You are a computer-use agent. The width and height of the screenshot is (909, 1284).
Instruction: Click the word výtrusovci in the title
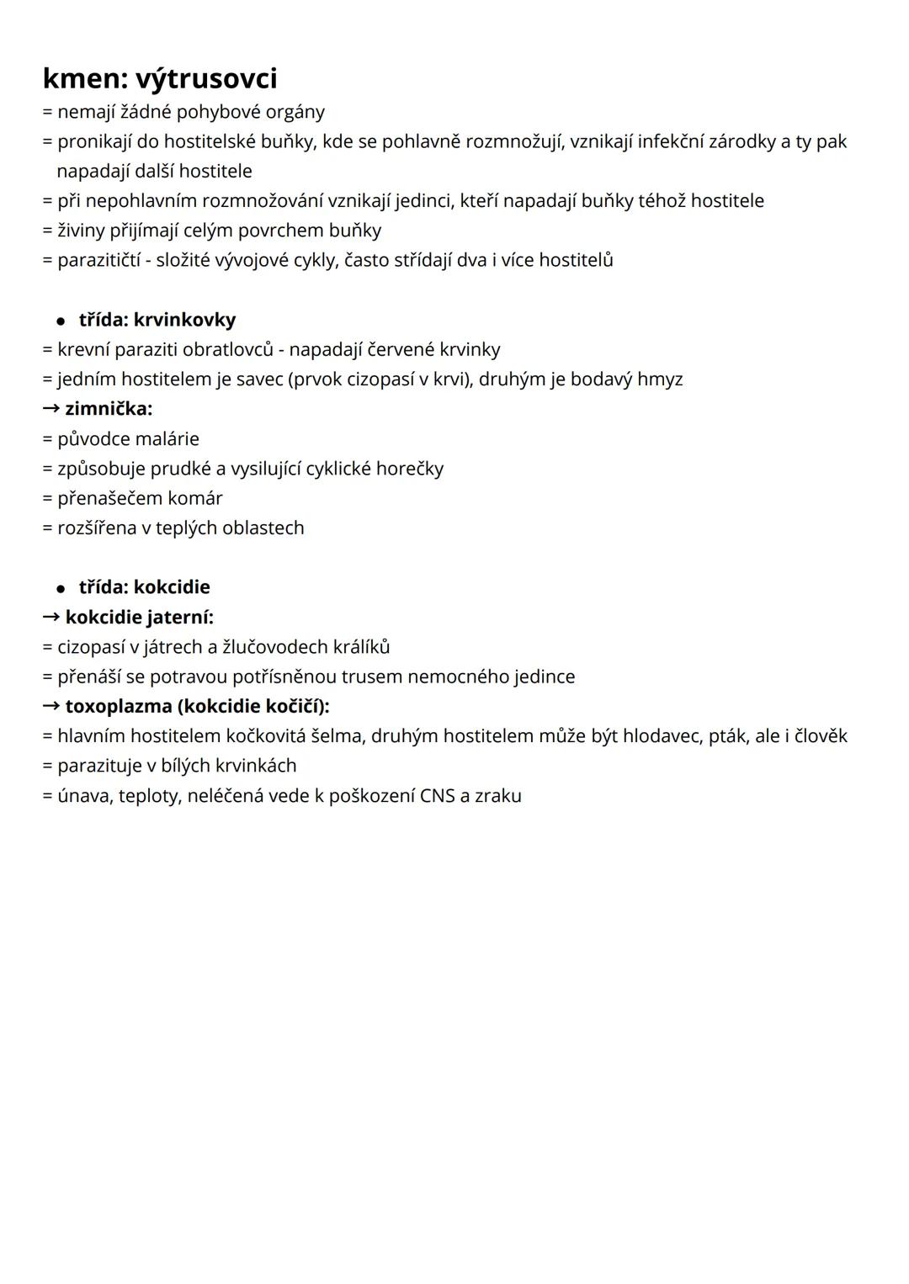(x=205, y=79)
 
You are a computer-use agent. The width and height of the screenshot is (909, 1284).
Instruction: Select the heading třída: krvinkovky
(x=157, y=320)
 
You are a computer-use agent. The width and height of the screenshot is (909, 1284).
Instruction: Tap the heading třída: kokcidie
(x=145, y=587)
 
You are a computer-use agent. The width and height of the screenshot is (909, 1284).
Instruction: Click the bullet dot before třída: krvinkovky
(x=61, y=321)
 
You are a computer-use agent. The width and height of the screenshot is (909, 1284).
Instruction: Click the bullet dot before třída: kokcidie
(x=61, y=589)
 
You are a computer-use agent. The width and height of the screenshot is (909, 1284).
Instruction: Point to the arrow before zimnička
(x=51, y=409)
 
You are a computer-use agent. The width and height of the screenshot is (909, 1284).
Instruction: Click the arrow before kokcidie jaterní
(x=51, y=617)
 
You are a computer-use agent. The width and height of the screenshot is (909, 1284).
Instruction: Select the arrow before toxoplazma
(x=51, y=706)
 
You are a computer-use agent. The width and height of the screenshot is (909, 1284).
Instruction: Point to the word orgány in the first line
(x=295, y=112)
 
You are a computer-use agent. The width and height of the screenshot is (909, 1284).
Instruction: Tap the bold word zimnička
(x=108, y=409)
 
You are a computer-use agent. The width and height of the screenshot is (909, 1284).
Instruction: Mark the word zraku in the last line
(x=498, y=796)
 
